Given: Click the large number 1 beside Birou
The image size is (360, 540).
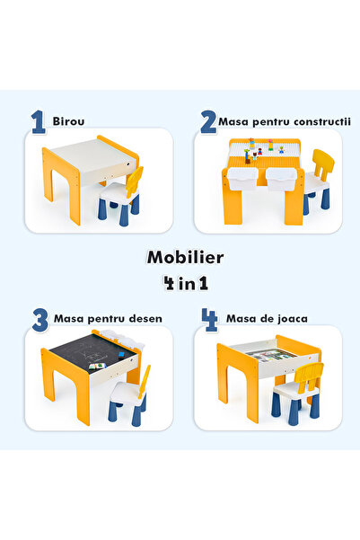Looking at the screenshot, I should pyautogui.click(x=38, y=121).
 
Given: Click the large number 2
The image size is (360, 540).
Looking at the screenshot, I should pyautogui.click(x=208, y=121).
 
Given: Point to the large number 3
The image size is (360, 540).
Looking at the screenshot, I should pyautogui.click(x=40, y=319).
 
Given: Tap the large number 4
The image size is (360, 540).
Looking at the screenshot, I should pyautogui.click(x=208, y=319).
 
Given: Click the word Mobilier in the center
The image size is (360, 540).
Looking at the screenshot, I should pyautogui.click(x=185, y=257).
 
